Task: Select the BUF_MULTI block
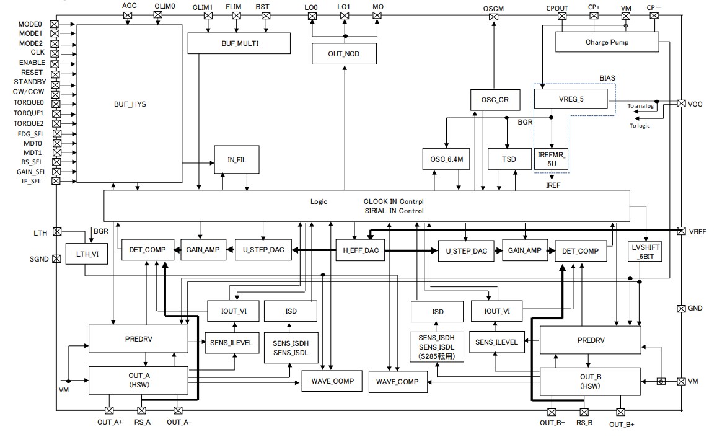click(x=239, y=43)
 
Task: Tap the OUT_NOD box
click(x=343, y=54)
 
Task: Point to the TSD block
click(x=509, y=159)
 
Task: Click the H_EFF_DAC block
click(x=360, y=250)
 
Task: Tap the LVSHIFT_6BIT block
click(x=645, y=251)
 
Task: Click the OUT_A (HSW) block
click(x=139, y=380)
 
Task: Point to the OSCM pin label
click(x=493, y=8)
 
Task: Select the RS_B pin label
click(x=584, y=423)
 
